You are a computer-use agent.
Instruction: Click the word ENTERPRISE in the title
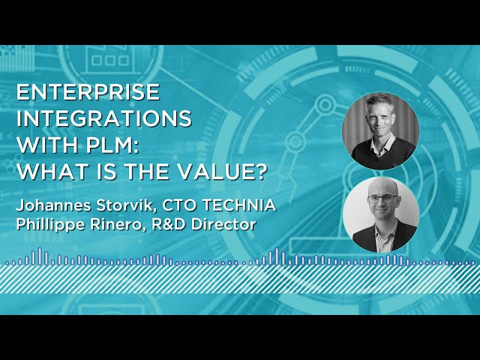tap(88, 92)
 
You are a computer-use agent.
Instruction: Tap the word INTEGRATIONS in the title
tap(104, 119)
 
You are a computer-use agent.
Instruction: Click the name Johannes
tap(53, 205)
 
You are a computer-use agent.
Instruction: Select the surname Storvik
tap(125, 205)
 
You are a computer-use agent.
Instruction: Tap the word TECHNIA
tap(239, 205)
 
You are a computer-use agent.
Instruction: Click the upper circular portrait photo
tap(380, 131)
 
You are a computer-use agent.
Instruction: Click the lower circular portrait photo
tap(380, 214)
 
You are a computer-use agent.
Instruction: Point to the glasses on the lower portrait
tap(381, 199)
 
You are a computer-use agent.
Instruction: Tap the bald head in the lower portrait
tap(381, 187)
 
